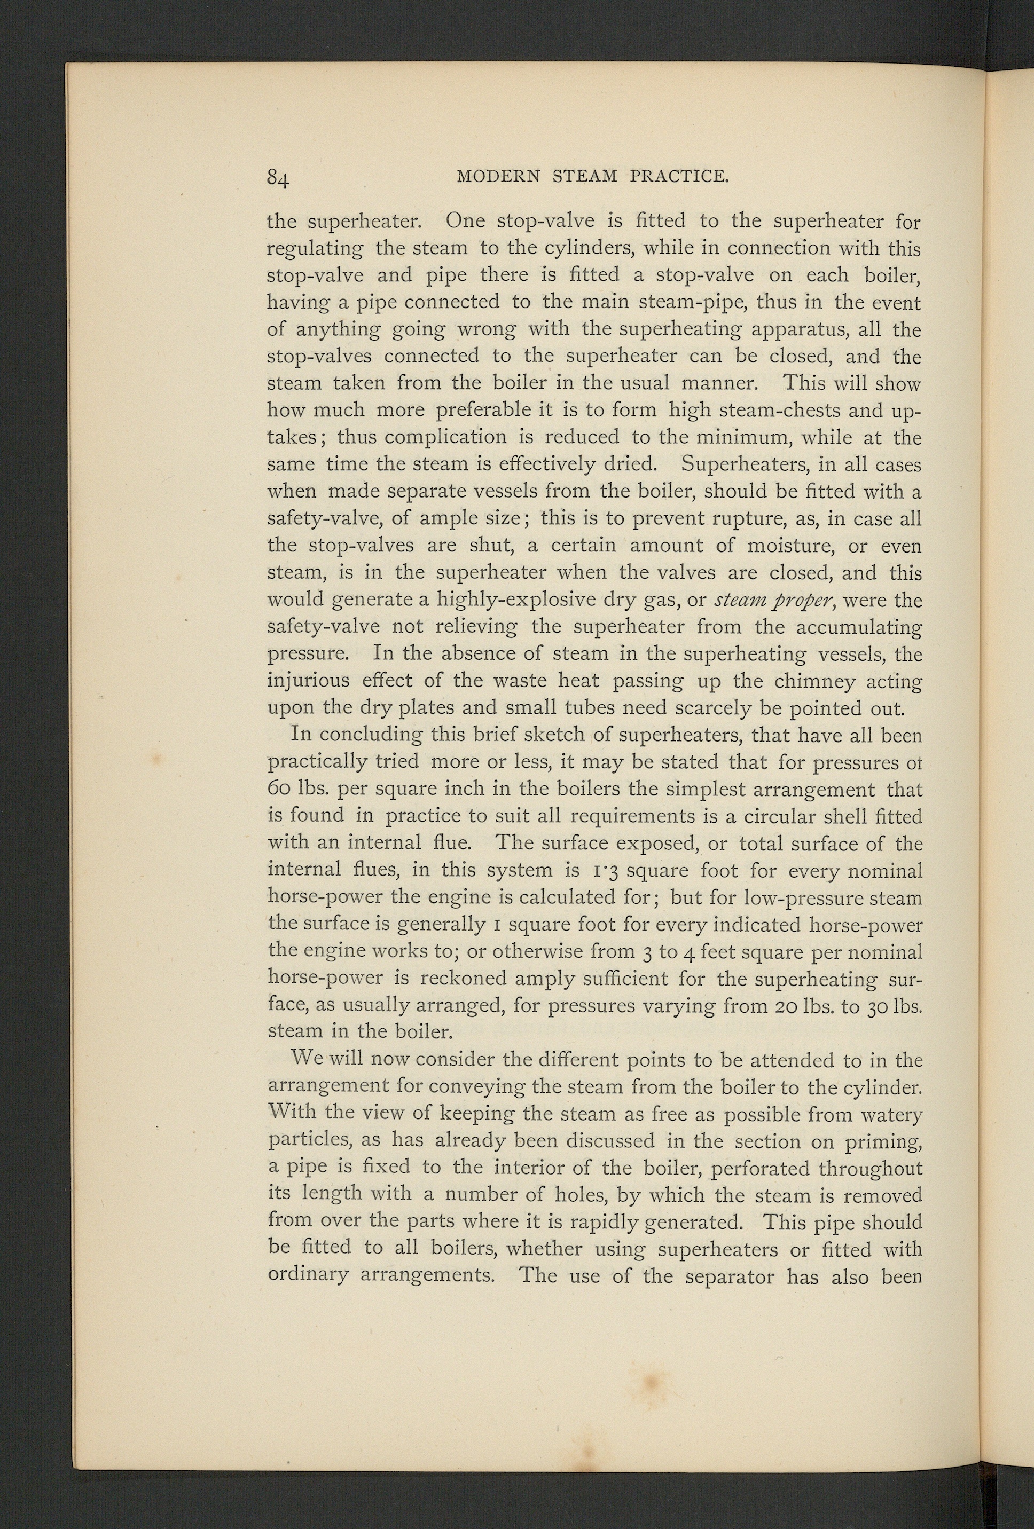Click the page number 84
[x=279, y=178]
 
